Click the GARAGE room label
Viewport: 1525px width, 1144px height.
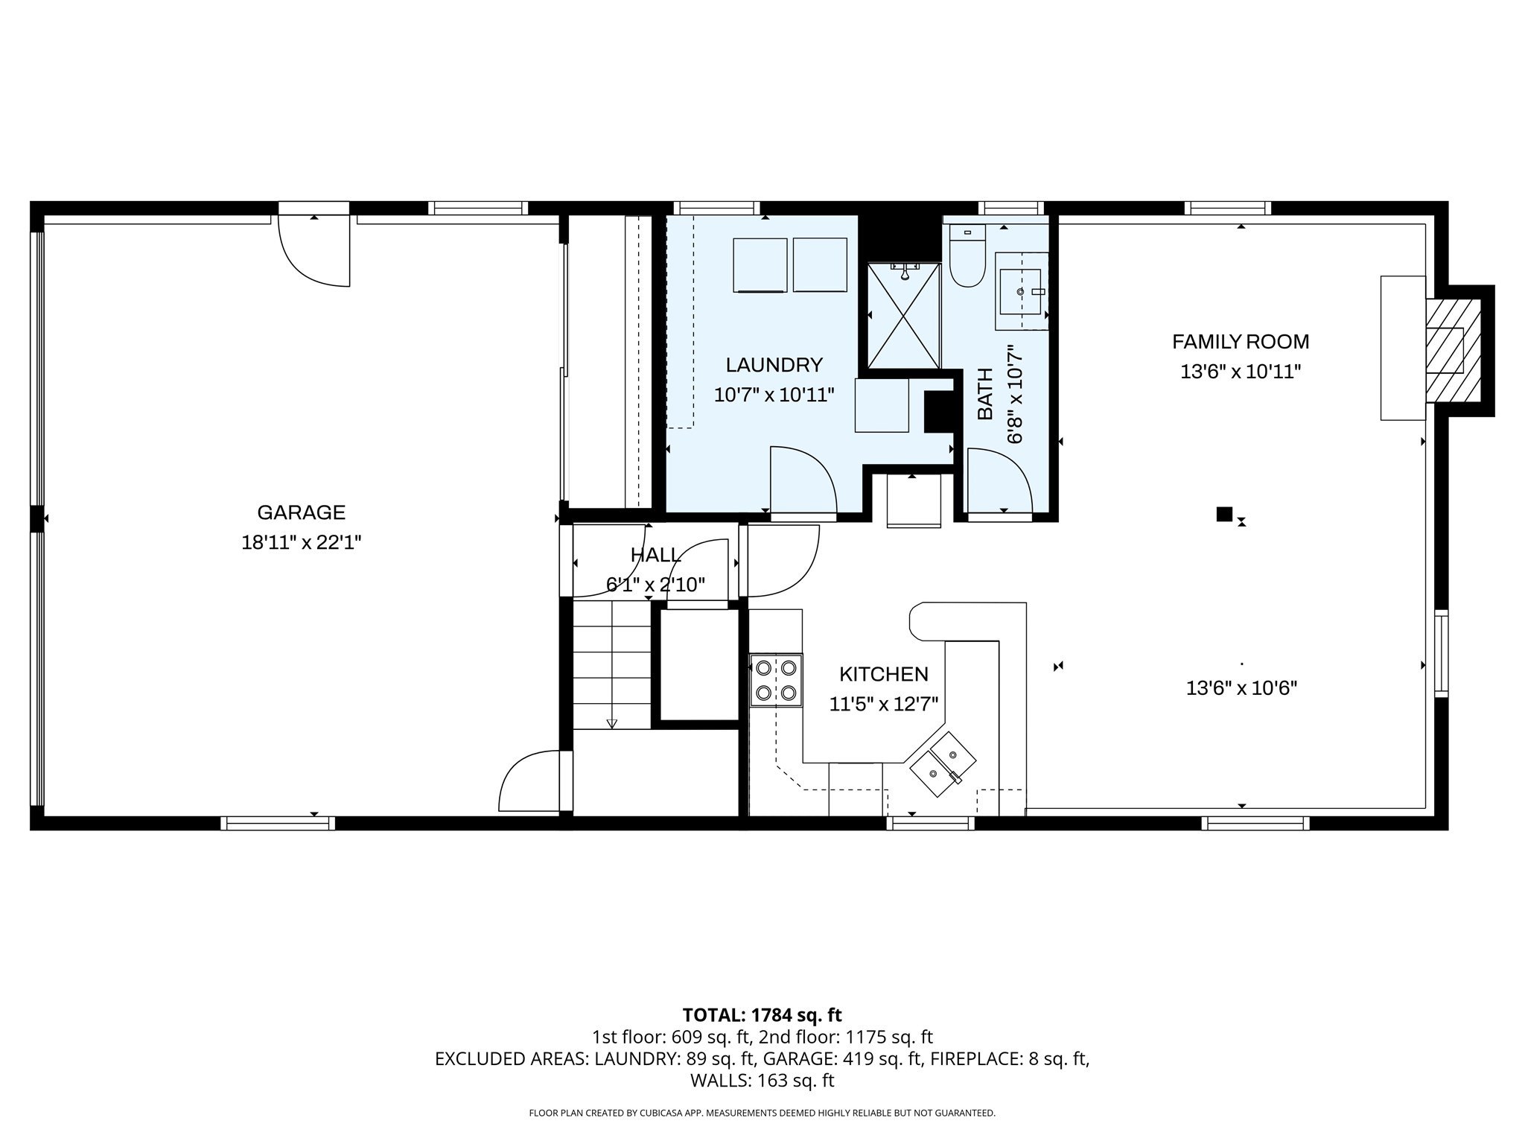(x=301, y=512)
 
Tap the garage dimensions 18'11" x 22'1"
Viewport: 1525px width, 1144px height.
(x=301, y=543)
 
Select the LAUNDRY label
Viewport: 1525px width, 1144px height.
(x=774, y=365)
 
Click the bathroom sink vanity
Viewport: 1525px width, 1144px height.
(x=1022, y=291)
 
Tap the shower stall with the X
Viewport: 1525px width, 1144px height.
(x=904, y=317)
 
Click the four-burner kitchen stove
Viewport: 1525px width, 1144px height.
(x=776, y=679)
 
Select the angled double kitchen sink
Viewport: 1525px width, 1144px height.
(x=943, y=765)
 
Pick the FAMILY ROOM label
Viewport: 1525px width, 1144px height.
(x=1240, y=342)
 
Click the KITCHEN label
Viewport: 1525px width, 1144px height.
(x=883, y=674)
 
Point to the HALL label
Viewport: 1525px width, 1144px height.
(x=655, y=555)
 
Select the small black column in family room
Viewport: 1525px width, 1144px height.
(x=1223, y=514)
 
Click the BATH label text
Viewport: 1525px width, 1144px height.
(x=985, y=394)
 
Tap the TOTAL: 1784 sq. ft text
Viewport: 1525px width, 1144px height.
(x=762, y=1015)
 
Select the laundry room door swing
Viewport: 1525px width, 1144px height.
(x=802, y=480)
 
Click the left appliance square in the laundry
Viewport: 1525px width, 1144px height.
(x=760, y=265)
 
